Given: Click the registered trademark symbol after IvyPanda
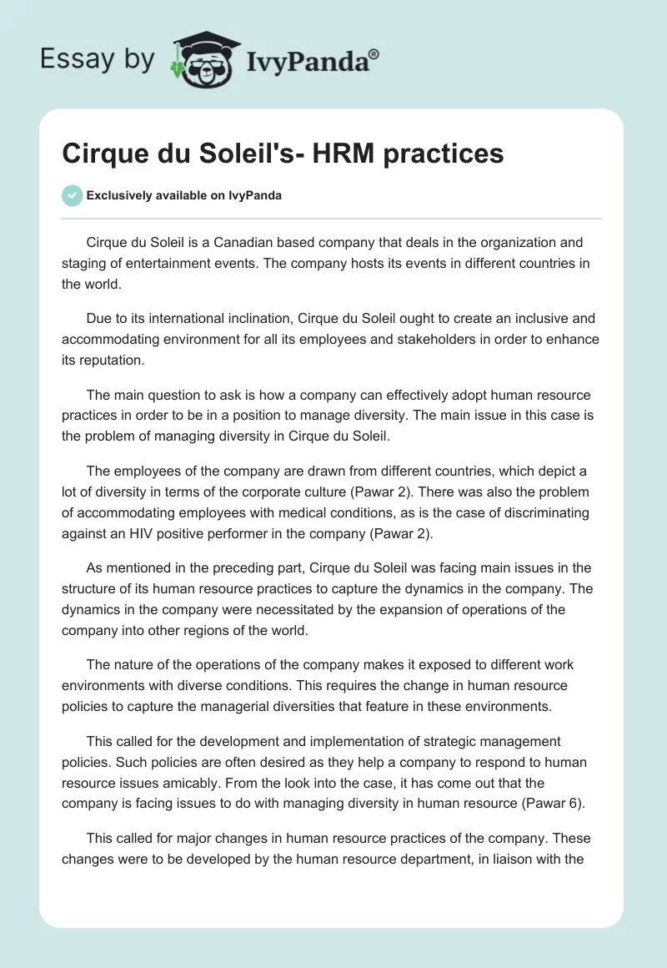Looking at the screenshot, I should [374, 54].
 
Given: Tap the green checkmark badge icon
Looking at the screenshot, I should [72, 195].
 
